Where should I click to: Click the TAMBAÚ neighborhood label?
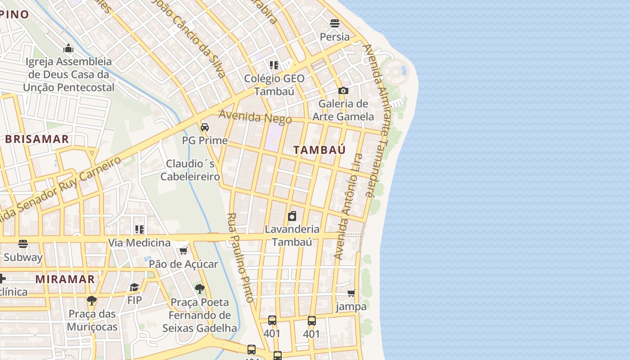pyautogui.click(x=319, y=150)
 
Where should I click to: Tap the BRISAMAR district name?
pyautogui.click(x=37, y=139)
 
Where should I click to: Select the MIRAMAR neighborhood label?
pyautogui.click(x=65, y=279)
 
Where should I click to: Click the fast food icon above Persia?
pyautogui.click(x=334, y=23)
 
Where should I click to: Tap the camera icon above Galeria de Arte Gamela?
pyautogui.click(x=343, y=90)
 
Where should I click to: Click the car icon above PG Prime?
pyautogui.click(x=205, y=127)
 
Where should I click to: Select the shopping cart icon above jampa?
pyautogui.click(x=351, y=293)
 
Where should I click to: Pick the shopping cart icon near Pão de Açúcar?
pyautogui.click(x=183, y=251)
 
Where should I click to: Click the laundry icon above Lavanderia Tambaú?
pyautogui.click(x=292, y=216)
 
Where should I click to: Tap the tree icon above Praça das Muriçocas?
pyautogui.click(x=92, y=300)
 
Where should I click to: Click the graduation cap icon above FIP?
pyautogui.click(x=134, y=287)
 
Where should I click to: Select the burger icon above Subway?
pyautogui.click(x=23, y=244)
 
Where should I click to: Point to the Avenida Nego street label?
pyautogui.click(x=255, y=117)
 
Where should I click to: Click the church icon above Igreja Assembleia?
pyautogui.click(x=68, y=48)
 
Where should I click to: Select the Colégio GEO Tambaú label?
pyautogui.click(x=274, y=85)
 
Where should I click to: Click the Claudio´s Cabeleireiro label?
pyautogui.click(x=190, y=170)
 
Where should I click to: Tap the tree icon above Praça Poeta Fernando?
pyautogui.click(x=200, y=288)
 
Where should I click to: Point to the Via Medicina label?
pyautogui.click(x=139, y=243)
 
